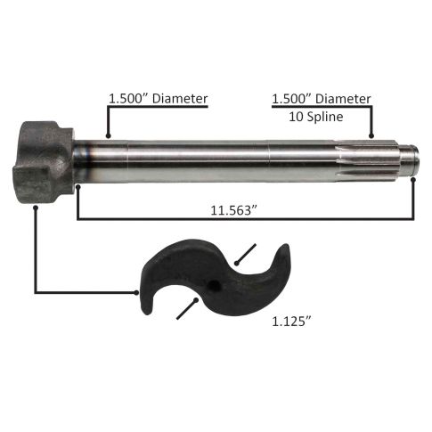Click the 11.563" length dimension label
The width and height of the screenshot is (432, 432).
233,210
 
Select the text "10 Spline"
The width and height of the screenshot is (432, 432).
316,117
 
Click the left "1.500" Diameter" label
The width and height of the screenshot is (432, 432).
158,99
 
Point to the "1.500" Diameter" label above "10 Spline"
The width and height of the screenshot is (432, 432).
322,99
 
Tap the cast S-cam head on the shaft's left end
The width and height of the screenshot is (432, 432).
43,162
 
